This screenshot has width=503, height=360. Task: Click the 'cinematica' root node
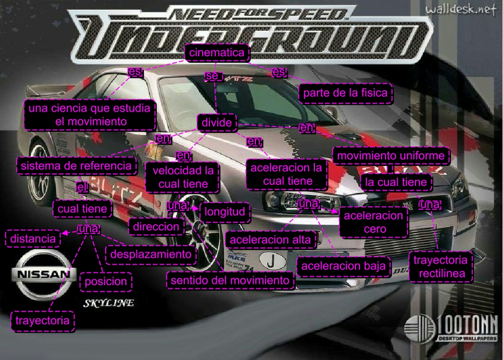pos(217,53)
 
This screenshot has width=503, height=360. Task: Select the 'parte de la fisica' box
pos(345,93)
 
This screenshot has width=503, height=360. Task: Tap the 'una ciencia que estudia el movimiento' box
pos(89,115)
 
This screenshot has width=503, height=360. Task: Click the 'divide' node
pos(217,123)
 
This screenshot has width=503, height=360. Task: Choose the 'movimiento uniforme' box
pos(390,156)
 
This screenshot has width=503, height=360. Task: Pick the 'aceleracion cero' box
pos(373,222)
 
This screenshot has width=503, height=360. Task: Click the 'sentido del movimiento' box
pos(230,280)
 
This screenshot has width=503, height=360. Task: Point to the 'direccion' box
pos(156,226)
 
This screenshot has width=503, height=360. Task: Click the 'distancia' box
pos(33,238)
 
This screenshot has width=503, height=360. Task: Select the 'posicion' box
pos(106,281)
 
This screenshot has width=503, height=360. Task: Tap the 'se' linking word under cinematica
pos(212,76)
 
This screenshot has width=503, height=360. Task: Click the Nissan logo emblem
pos(44,274)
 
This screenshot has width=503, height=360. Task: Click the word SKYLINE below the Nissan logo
pos(109,303)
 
